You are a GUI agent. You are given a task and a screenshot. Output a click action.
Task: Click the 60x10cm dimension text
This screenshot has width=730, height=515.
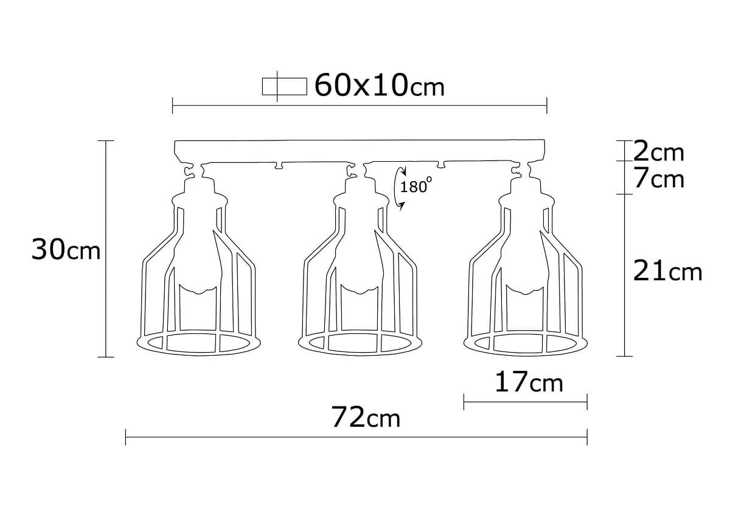coord(380,86)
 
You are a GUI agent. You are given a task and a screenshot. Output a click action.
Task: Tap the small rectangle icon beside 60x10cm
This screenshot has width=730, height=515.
coord(283,86)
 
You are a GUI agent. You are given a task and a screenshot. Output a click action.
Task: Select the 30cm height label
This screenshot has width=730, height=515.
coord(66,250)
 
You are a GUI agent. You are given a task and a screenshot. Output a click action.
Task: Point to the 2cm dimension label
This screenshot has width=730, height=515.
coord(659,151)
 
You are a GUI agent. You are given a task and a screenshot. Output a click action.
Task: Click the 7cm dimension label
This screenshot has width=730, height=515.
coord(659,179)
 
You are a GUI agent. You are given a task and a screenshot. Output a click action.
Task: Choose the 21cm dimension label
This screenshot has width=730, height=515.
coord(667,272)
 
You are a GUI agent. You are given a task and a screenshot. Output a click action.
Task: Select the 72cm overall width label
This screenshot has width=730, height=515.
coord(366,418)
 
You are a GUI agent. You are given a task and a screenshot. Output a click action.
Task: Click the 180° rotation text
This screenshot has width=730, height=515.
coord(415,186)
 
